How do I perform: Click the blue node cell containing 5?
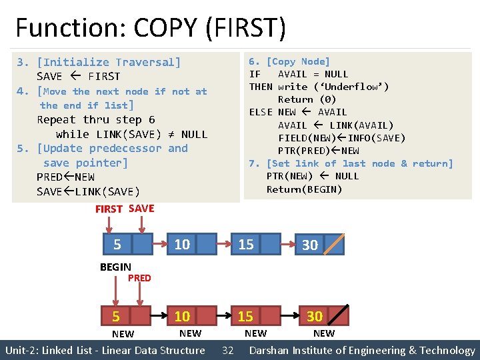117,245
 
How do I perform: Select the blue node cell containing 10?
182,245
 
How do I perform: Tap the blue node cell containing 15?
247,245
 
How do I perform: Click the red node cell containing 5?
117,316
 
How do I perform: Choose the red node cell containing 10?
182,316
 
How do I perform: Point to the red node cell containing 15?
246,316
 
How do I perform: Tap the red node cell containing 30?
315,316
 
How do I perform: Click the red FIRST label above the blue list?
109,209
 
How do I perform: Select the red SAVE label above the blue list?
141,209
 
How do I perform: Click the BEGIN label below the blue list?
115,267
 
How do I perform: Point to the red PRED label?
139,278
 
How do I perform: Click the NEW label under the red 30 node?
324,333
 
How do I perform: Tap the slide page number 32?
227,351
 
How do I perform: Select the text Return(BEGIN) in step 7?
305,189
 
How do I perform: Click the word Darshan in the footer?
271,351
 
